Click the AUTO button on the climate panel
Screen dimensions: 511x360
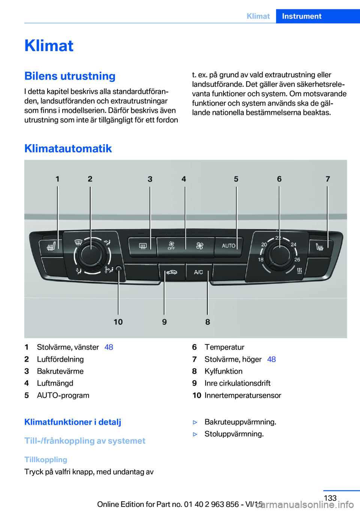[x=228, y=246]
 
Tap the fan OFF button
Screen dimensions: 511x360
[x=171, y=246]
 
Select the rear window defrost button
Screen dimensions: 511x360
[x=143, y=246]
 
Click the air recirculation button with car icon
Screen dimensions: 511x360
[x=172, y=272]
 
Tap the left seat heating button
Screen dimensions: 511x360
[x=51, y=247]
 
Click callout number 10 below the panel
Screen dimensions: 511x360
[x=118, y=322]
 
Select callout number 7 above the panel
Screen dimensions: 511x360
[x=328, y=179]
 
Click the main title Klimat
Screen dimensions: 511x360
[x=49, y=46]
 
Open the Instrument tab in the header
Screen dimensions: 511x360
[x=301, y=16]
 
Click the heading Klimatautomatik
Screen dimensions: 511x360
[x=68, y=149]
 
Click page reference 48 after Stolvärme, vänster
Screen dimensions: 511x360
[x=109, y=347]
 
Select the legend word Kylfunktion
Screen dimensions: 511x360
[x=223, y=371]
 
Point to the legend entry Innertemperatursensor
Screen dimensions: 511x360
[x=243, y=395]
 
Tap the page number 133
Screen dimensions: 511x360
[x=330, y=498]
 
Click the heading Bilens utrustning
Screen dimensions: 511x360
[x=70, y=76]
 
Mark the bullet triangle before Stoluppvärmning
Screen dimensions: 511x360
[x=195, y=434]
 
